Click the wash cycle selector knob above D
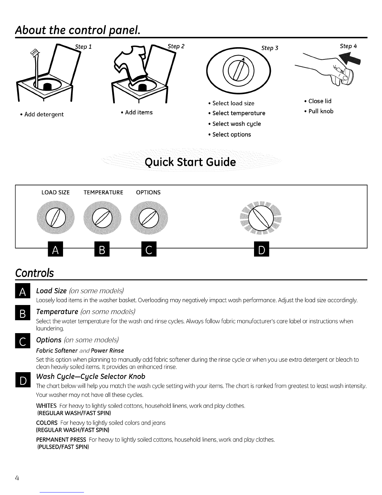click(x=261, y=218)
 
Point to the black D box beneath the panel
click(x=262, y=249)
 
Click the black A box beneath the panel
click(x=55, y=249)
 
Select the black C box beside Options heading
click(x=22, y=341)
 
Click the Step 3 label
click(x=270, y=48)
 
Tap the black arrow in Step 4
click(x=350, y=58)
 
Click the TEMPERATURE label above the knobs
click(x=103, y=192)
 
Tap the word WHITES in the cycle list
click(x=46, y=406)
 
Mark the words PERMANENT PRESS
click(x=61, y=439)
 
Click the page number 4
click(x=17, y=478)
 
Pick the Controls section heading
click(x=34, y=273)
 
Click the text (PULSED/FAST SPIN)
click(x=63, y=447)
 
